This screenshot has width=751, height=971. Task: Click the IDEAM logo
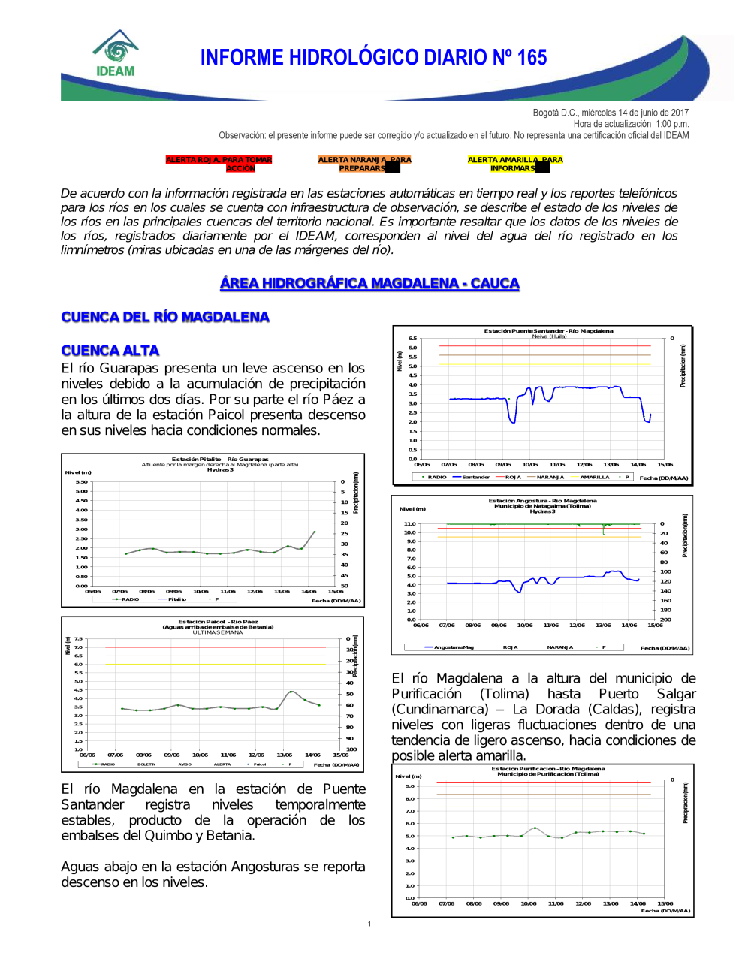[x=116, y=53]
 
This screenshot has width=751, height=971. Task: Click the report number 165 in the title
[x=532, y=58]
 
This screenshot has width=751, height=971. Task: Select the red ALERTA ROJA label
[x=219, y=164]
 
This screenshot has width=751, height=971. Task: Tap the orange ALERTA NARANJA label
[x=364, y=164]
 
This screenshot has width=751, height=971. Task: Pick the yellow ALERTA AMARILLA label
[x=514, y=164]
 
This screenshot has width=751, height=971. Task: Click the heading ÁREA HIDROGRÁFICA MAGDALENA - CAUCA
[x=369, y=283]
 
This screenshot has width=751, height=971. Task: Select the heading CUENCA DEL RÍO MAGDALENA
[x=165, y=317]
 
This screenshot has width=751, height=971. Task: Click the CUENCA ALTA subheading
[x=110, y=351]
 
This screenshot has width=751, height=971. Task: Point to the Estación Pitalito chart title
[x=220, y=459]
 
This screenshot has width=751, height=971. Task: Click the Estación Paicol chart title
[x=218, y=622]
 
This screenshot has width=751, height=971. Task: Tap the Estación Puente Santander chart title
[x=548, y=331]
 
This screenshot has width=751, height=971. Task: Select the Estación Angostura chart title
[x=542, y=501]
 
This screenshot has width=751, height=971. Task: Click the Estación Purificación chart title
[x=548, y=769]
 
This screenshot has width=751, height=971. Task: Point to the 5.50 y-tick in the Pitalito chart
[x=81, y=482]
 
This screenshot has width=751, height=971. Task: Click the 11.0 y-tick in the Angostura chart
[x=409, y=524]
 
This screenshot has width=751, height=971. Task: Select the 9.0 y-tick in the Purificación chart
[x=410, y=786]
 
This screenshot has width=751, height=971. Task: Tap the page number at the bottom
[x=369, y=924]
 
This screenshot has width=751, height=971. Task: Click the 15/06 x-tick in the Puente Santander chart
[x=665, y=465]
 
